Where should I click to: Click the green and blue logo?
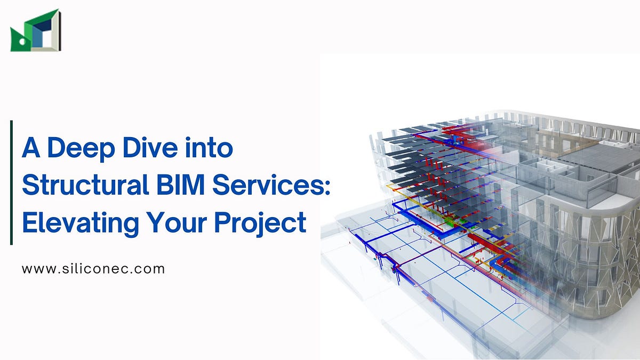point(35,30)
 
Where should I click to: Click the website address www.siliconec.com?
point(93,269)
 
